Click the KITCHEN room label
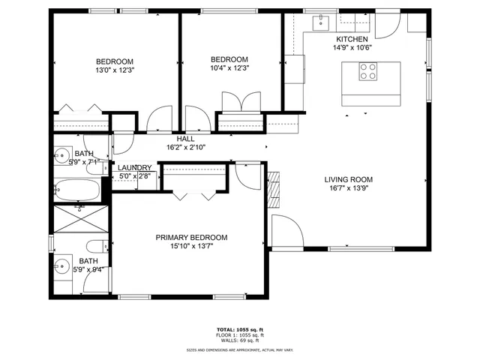(352, 39)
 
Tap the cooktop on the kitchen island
(368, 71)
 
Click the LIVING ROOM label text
(348, 179)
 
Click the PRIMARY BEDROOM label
(191, 238)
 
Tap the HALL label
(185, 139)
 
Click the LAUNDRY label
(135, 168)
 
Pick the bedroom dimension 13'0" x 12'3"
(114, 70)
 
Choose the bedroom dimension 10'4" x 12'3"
(229, 68)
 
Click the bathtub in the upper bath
(77, 190)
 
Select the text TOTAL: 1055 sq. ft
(240, 329)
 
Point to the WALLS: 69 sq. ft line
(240, 341)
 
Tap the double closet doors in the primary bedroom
(193, 196)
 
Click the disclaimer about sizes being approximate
(240, 349)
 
